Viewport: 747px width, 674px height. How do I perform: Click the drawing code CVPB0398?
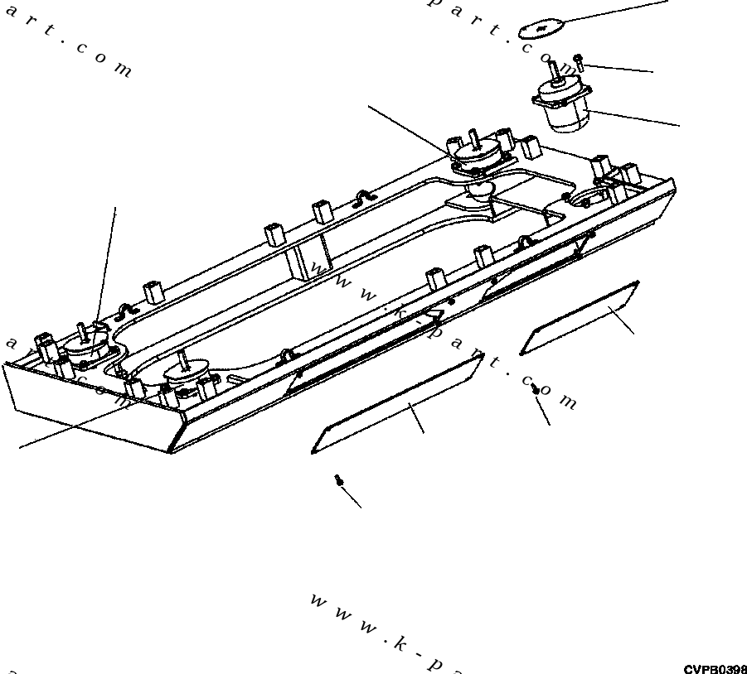715,668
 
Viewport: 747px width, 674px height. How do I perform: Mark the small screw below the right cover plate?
536,389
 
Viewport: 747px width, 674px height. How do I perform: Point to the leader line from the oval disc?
614,14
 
